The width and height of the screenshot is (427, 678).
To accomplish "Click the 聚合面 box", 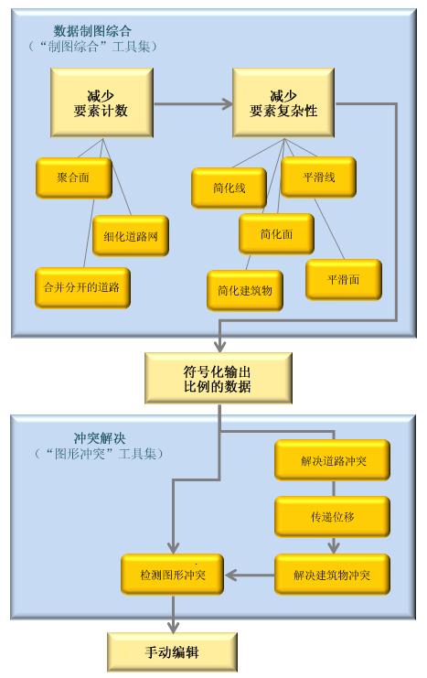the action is point(74,178).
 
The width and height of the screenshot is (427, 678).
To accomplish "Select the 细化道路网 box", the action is point(131,236).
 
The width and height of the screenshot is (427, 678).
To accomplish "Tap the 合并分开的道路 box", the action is point(82,287).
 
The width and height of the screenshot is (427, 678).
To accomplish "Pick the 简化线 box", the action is point(230,188).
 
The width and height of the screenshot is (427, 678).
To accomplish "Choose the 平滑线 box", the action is point(318,178).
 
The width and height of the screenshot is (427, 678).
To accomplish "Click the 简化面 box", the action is point(277,234).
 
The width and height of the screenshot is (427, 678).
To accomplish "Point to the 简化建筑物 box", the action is point(245,291).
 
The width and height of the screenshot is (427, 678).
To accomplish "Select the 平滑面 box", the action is point(344,280).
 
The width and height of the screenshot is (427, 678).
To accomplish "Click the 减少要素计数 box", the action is point(101,102).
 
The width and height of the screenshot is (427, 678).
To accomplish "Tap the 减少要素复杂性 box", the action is point(283,102).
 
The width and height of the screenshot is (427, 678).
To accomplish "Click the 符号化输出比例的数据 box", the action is point(219,379).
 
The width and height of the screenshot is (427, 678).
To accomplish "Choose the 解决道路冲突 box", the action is point(332,460).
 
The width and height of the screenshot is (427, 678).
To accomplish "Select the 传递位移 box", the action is point(332,517).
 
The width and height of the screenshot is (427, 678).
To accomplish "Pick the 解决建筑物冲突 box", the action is point(332,575).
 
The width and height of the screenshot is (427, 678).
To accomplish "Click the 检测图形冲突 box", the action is point(173,575).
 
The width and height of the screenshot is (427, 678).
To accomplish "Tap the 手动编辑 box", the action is point(173,652).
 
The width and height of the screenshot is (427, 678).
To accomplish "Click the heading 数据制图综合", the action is point(92,31).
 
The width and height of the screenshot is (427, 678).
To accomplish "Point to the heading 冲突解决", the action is point(100,438).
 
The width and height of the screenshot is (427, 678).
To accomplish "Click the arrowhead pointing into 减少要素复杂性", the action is point(228,103).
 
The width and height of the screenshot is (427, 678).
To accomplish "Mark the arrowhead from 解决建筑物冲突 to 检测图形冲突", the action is point(231,576).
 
